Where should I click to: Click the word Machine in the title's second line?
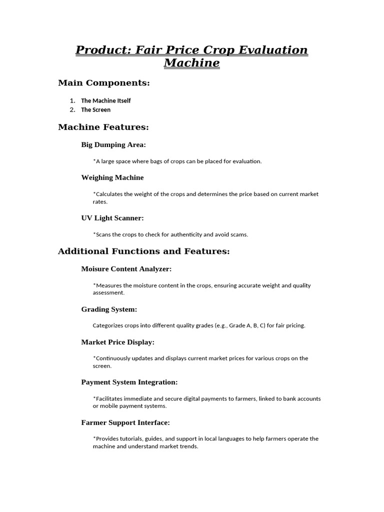coord(191,63)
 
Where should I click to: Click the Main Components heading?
coord(104,83)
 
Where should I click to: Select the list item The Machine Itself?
coord(106,100)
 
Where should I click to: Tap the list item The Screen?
coord(96,109)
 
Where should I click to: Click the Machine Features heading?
coord(103,127)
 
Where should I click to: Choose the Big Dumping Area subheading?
coord(113,145)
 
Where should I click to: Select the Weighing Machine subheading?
coord(112,177)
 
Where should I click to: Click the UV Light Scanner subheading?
coord(112,218)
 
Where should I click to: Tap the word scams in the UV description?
coord(238,234)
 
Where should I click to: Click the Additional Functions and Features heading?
coord(144,251)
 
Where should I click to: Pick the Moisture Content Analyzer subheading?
coord(126,269)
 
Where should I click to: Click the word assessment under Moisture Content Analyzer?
coord(108,293)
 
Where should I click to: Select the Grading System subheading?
coord(109,309)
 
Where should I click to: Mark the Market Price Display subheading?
coord(118,342)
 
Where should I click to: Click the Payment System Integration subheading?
coord(129,382)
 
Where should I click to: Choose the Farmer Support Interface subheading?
coord(125,422)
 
